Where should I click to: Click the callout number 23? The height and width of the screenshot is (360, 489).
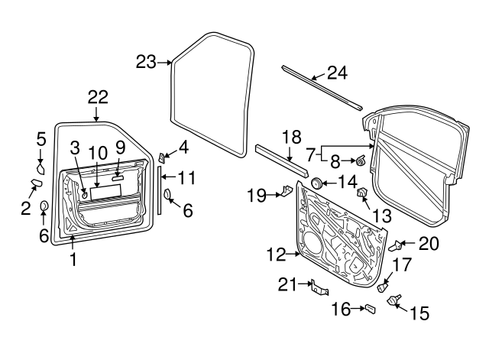click(x=146, y=62)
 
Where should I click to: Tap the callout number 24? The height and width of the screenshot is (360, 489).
click(x=337, y=73)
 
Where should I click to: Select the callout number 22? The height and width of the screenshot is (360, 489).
click(x=98, y=97)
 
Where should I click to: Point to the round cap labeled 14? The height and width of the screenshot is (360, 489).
click(x=314, y=183)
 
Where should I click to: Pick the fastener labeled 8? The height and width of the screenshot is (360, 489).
click(x=359, y=161)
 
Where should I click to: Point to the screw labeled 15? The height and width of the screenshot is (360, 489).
click(x=396, y=301)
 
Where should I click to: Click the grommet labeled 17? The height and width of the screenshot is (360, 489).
click(x=384, y=287)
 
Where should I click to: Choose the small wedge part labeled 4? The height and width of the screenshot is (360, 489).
click(x=163, y=157)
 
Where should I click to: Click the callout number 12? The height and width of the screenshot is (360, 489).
click(x=276, y=253)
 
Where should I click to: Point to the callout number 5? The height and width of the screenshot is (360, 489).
click(x=41, y=138)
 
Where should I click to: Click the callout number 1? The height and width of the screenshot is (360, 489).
click(x=73, y=259)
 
